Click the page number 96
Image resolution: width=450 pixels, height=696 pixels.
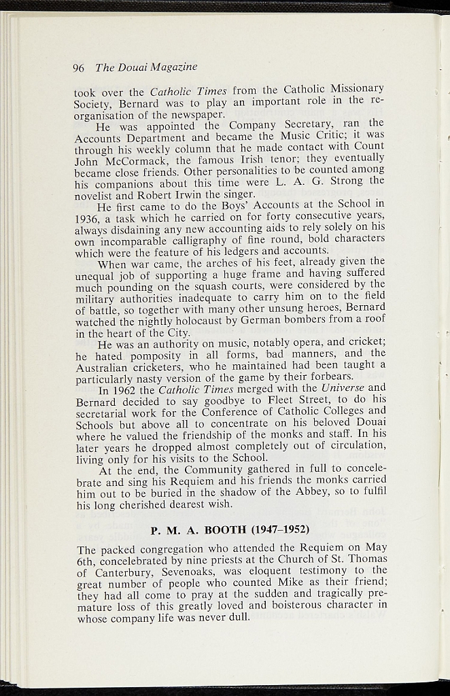coord(78,68)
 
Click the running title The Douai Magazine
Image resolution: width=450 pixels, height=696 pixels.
coord(146,67)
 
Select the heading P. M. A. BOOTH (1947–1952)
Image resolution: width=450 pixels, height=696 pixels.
coord(230,529)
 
